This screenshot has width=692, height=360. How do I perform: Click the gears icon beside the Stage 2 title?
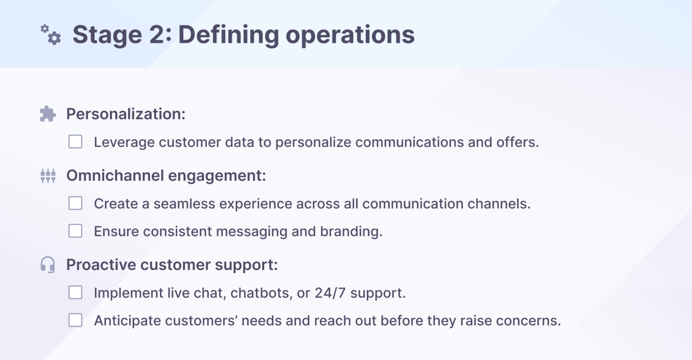click(x=51, y=35)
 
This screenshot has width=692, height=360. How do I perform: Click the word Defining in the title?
click(x=228, y=35)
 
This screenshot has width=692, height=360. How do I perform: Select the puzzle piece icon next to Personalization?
click(x=48, y=114)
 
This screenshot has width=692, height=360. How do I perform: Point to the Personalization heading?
click(x=126, y=114)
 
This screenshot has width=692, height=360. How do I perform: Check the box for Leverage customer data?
click(x=75, y=142)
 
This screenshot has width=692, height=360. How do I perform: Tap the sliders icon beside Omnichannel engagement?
click(x=48, y=175)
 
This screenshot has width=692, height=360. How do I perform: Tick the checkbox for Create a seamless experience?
click(x=75, y=203)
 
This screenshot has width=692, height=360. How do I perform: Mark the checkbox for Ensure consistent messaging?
click(x=75, y=231)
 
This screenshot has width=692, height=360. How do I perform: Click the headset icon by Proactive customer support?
click(x=48, y=264)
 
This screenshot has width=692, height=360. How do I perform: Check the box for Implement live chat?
click(x=75, y=292)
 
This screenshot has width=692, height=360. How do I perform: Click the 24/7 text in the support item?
click(x=330, y=293)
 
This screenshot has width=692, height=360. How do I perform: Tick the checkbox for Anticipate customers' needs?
click(x=75, y=320)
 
